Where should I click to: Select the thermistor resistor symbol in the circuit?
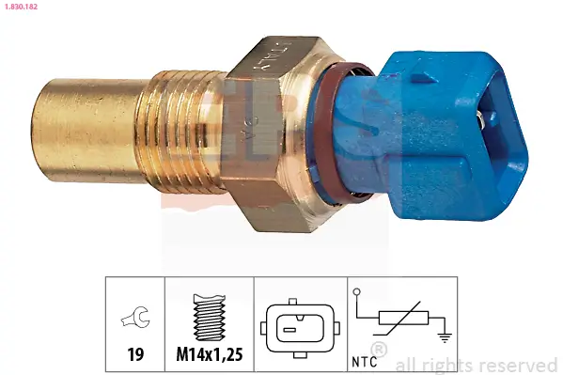402,320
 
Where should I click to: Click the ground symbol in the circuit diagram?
444,330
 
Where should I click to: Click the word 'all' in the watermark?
407,365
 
